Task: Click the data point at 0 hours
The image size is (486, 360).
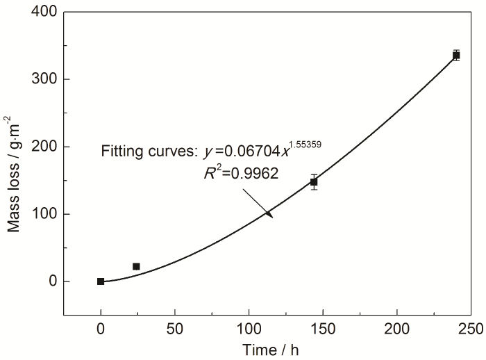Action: (x=101, y=281)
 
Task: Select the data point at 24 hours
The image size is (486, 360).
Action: (x=136, y=266)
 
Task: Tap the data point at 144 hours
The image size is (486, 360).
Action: (x=314, y=182)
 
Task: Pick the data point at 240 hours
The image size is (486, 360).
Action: (x=456, y=55)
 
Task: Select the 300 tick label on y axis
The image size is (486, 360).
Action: (x=44, y=79)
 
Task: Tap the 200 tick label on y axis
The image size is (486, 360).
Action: (x=44, y=147)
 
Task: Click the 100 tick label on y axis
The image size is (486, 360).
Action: (x=44, y=214)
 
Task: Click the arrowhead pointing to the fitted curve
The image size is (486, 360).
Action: (x=269, y=215)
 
